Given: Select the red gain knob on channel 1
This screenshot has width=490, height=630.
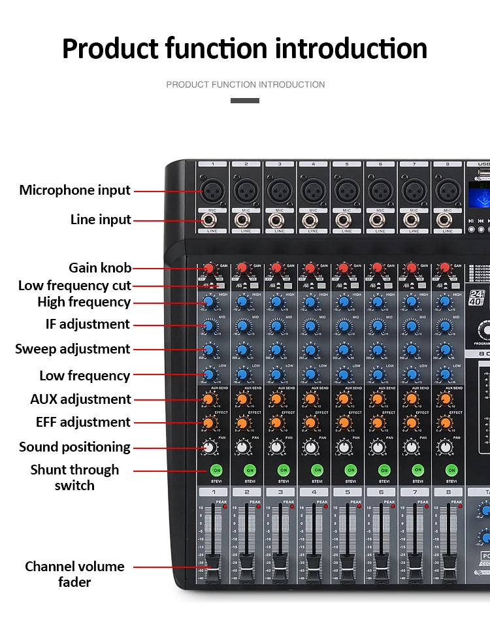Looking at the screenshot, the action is click(x=209, y=268).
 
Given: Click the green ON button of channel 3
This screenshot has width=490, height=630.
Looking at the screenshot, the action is click(x=284, y=470).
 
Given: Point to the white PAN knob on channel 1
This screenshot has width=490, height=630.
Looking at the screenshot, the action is click(x=209, y=447).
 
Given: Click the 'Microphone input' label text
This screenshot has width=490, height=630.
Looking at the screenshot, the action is click(x=75, y=190).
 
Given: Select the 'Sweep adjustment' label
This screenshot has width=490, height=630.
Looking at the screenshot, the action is click(x=73, y=349).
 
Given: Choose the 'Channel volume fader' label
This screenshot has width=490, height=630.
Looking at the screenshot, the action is click(x=74, y=574).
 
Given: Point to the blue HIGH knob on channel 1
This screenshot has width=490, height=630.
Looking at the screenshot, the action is click(x=209, y=302).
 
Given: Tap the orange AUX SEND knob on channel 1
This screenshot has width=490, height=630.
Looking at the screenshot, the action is click(x=209, y=399).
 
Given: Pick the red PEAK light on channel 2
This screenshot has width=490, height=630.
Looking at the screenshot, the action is click(x=258, y=506).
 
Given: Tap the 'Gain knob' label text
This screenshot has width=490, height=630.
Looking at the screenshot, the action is click(x=100, y=268).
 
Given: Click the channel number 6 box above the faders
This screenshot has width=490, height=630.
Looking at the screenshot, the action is click(x=382, y=491).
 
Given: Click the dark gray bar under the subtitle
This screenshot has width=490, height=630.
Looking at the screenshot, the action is click(x=245, y=101).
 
